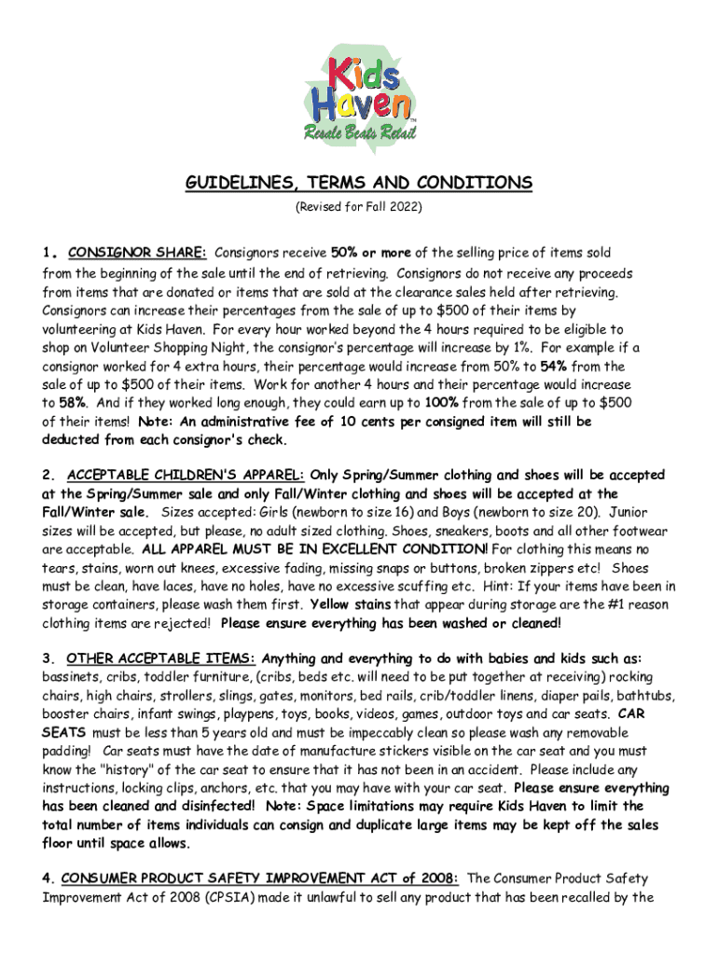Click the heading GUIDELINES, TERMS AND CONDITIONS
(x=358, y=183)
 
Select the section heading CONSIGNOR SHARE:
(x=138, y=253)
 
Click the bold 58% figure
(x=75, y=403)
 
